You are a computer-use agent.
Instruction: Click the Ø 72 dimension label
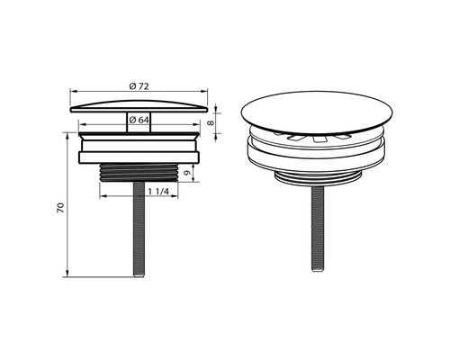(139, 86)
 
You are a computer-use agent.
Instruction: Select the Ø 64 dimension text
(139, 120)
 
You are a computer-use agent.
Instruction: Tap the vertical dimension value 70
(61, 208)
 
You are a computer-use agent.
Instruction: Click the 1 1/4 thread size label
(158, 192)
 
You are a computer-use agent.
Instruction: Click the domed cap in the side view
(139, 106)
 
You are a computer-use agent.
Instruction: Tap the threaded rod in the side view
(139, 229)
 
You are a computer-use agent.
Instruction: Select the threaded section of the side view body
(139, 173)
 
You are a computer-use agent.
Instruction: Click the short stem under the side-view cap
(139, 122)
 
